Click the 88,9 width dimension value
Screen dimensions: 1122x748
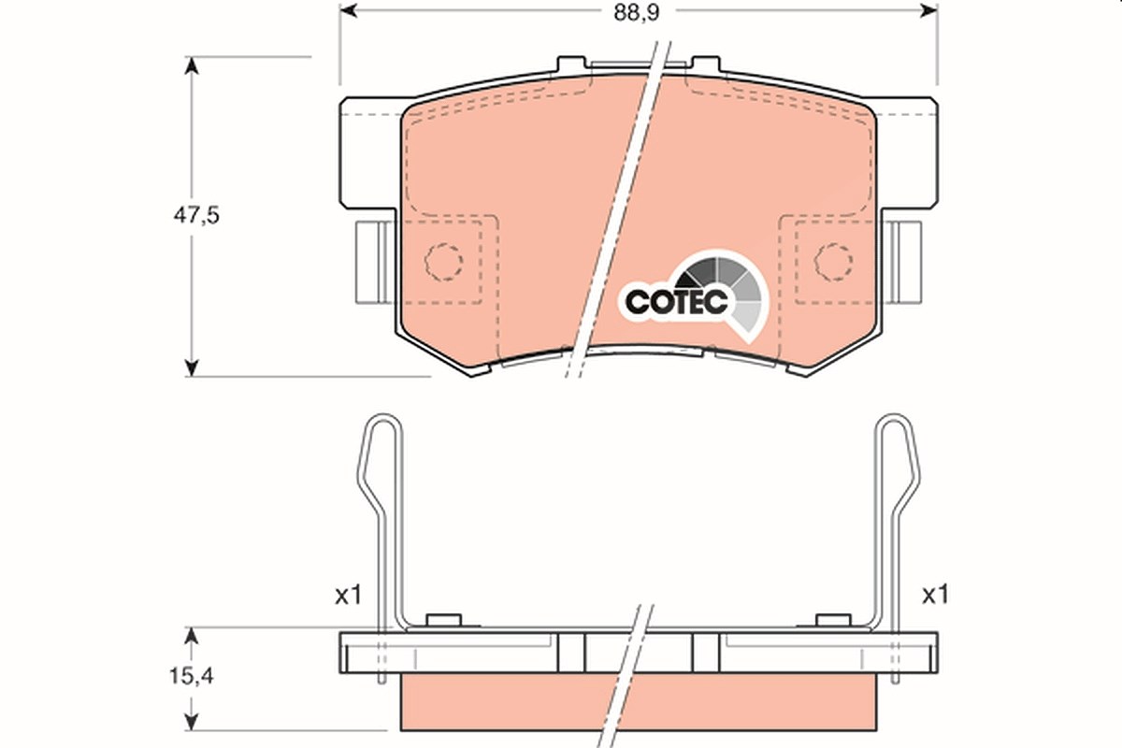(637, 13)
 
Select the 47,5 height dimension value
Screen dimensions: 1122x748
(196, 215)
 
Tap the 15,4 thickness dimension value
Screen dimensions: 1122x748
(192, 676)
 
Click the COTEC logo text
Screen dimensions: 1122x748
(676, 302)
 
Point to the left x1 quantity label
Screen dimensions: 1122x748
(348, 596)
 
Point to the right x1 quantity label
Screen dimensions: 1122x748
(936, 596)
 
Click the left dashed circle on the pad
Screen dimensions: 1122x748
(444, 262)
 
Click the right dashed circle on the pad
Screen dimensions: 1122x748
(833, 262)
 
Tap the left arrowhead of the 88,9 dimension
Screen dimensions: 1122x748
(348, 10)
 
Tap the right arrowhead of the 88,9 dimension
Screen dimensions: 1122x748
(929, 10)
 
